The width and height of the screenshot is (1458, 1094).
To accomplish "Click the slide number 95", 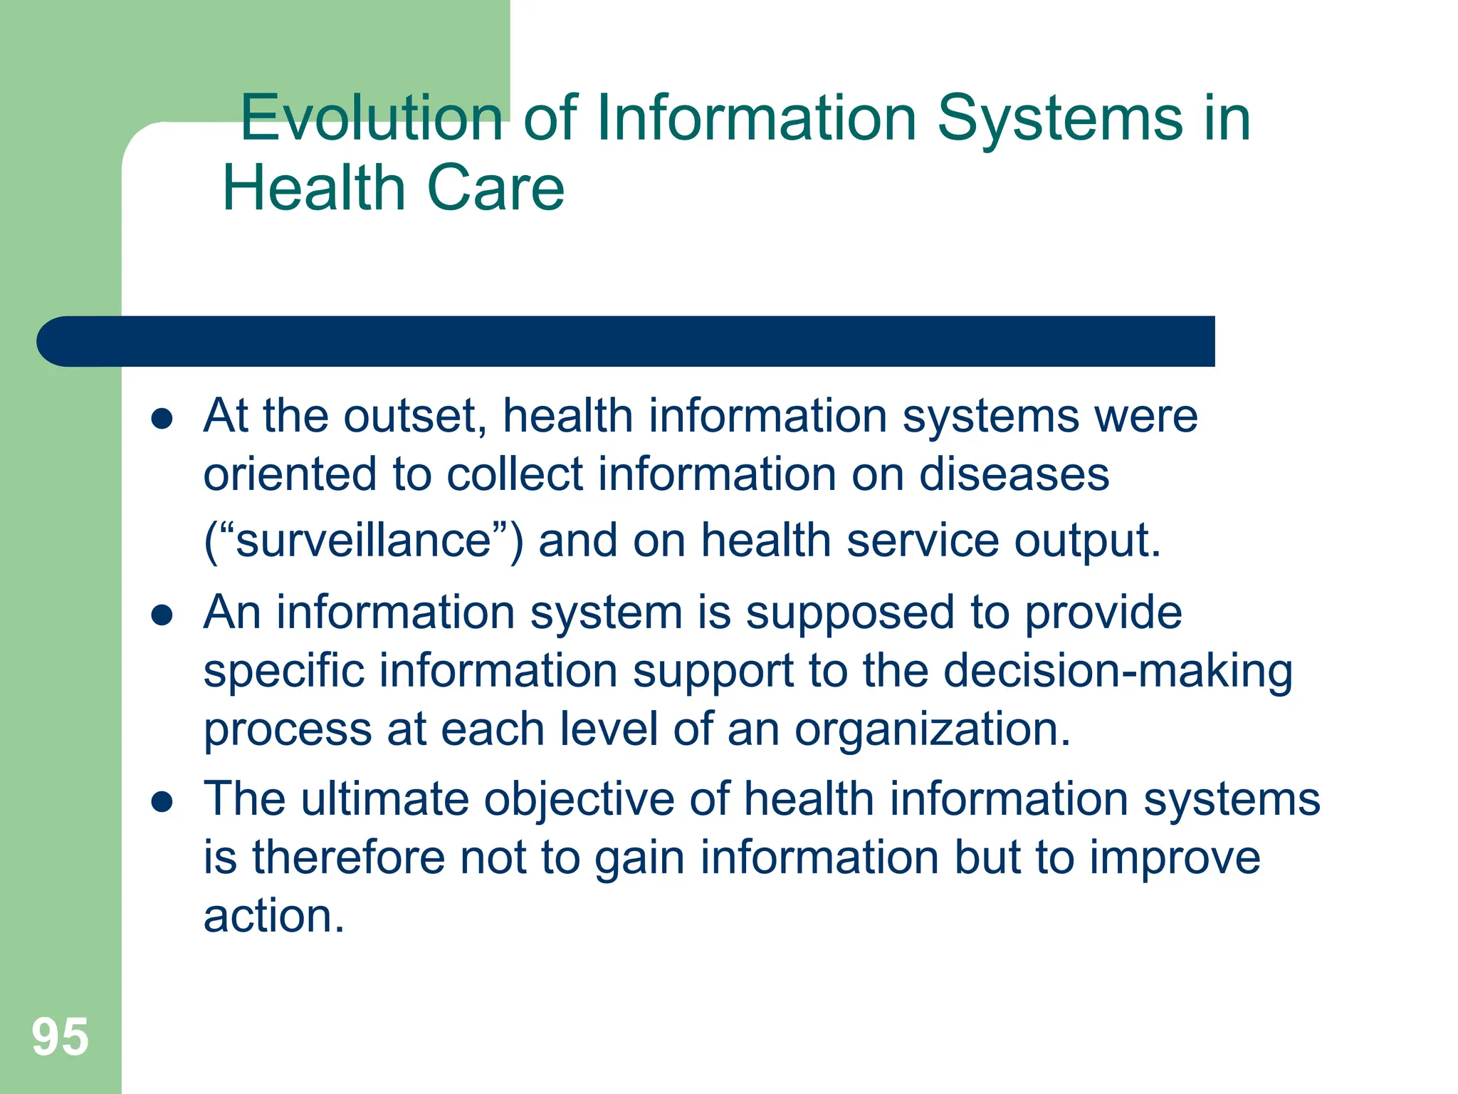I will pyautogui.click(x=61, y=1037).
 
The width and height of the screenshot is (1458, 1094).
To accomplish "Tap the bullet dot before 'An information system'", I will pyautogui.click(x=162, y=615).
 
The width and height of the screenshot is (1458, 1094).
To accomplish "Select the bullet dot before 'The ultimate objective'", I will pyautogui.click(x=162, y=802).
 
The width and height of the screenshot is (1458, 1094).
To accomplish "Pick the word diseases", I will pyautogui.click(x=1014, y=474).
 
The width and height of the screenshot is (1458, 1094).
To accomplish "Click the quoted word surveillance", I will pyautogui.click(x=364, y=540).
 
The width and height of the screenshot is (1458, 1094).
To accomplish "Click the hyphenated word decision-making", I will pyautogui.click(x=1118, y=672).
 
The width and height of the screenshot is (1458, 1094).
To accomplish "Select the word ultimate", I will pyautogui.click(x=384, y=798).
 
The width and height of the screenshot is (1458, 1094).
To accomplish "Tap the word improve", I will pyautogui.click(x=1175, y=858).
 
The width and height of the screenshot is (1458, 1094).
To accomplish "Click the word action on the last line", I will pyautogui.click(x=273, y=916).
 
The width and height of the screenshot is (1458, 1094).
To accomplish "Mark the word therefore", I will pyautogui.click(x=349, y=857).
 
